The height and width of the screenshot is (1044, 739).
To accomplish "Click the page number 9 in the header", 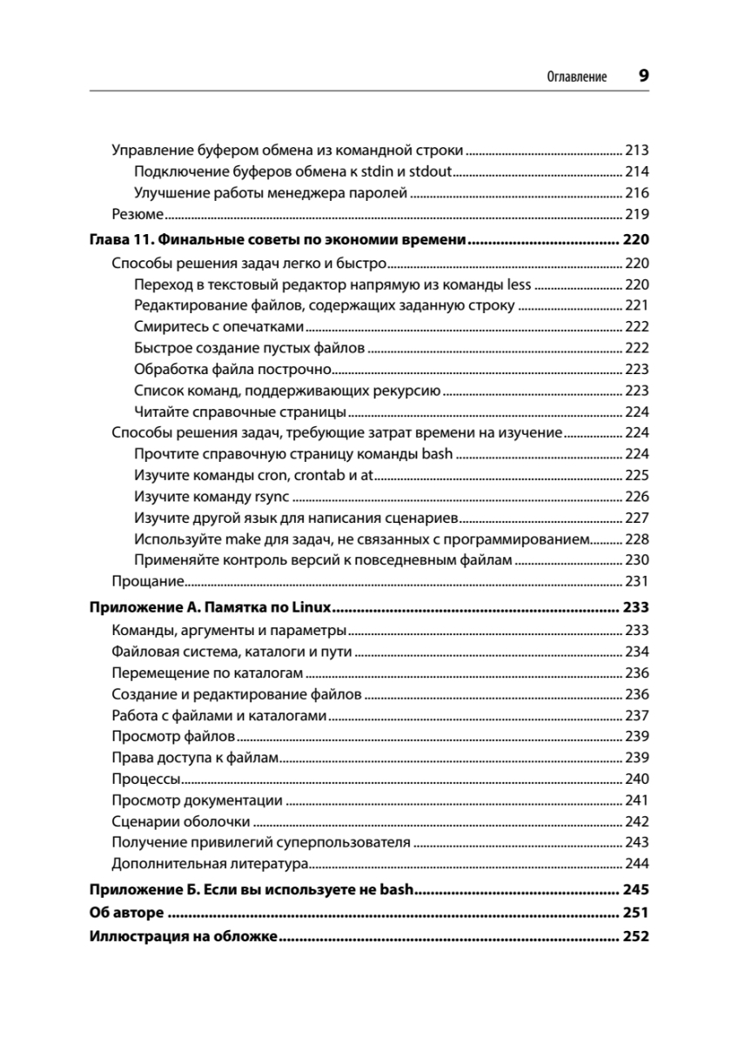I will click(x=643, y=76).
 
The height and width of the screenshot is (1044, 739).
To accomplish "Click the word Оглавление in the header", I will click(x=576, y=77).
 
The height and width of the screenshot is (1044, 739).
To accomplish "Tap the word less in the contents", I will click(x=519, y=284).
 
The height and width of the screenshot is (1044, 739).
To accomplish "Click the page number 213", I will click(x=637, y=150).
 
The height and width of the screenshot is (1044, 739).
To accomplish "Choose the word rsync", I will click(x=270, y=497).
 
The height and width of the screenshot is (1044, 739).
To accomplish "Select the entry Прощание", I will click(x=147, y=581).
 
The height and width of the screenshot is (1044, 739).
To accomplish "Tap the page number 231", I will click(x=637, y=581).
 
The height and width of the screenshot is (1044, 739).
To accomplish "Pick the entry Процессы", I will click(x=146, y=779).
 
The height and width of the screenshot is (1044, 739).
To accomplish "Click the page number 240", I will click(x=637, y=779).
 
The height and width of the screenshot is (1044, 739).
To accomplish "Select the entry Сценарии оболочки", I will click(x=181, y=821).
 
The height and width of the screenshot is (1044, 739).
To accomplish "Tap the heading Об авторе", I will click(x=127, y=913).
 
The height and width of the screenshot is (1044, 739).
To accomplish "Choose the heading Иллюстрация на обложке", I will click(x=183, y=937).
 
